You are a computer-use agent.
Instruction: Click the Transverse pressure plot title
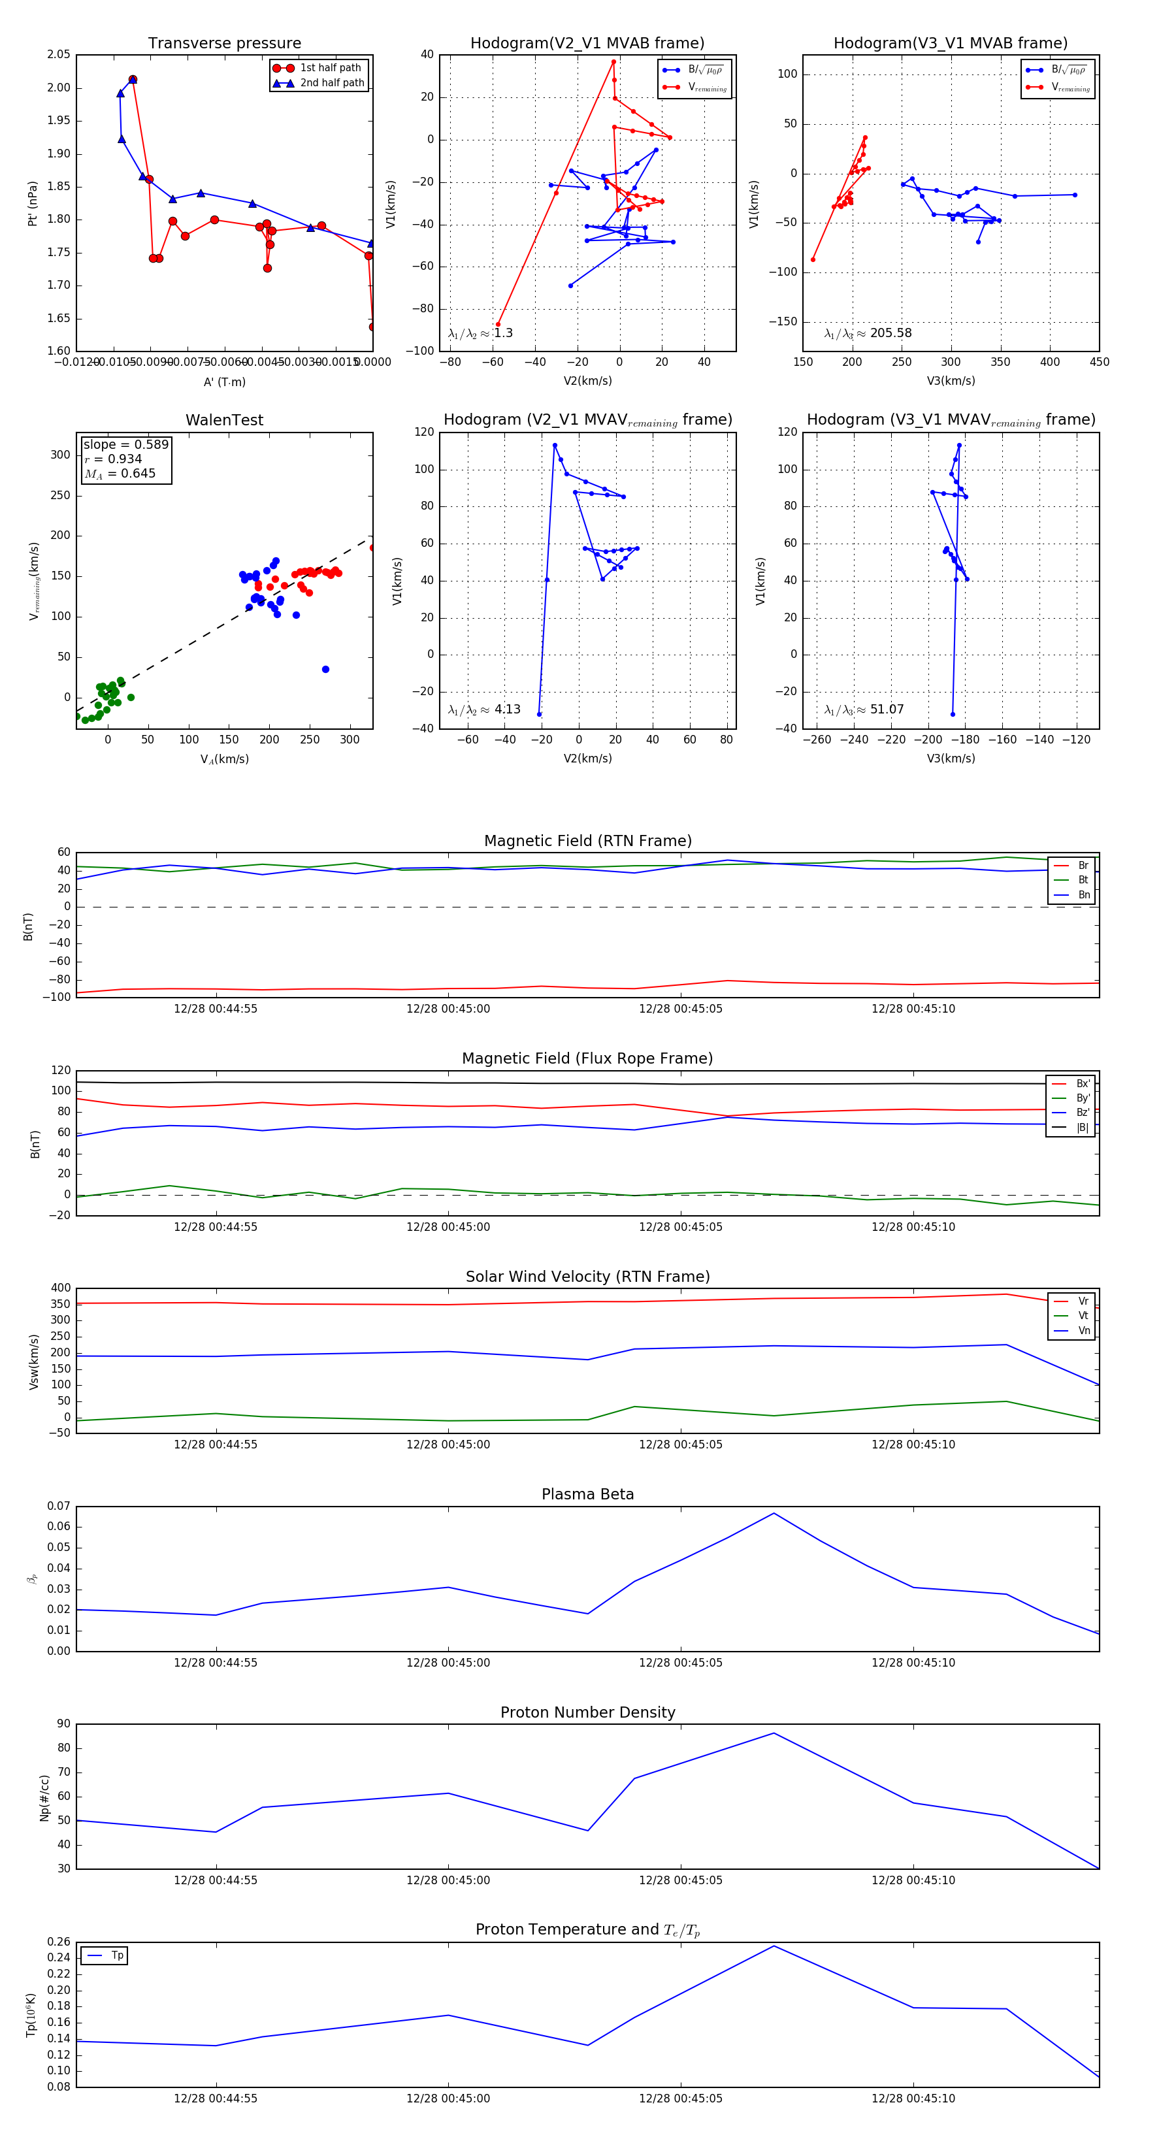[224, 44]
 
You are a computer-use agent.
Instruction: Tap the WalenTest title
[224, 420]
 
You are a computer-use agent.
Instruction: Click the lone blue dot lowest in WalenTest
[325, 670]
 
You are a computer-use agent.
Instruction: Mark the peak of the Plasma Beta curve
[774, 1513]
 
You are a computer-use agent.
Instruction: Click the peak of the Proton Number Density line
[774, 1733]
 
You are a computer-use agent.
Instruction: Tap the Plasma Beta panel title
[587, 1494]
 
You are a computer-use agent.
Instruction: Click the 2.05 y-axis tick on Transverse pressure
[59, 54]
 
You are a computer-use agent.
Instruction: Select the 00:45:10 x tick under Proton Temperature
[913, 2099]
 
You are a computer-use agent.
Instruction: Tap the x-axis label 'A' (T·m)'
[224, 382]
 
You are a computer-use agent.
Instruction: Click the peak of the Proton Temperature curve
[774, 1946]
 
